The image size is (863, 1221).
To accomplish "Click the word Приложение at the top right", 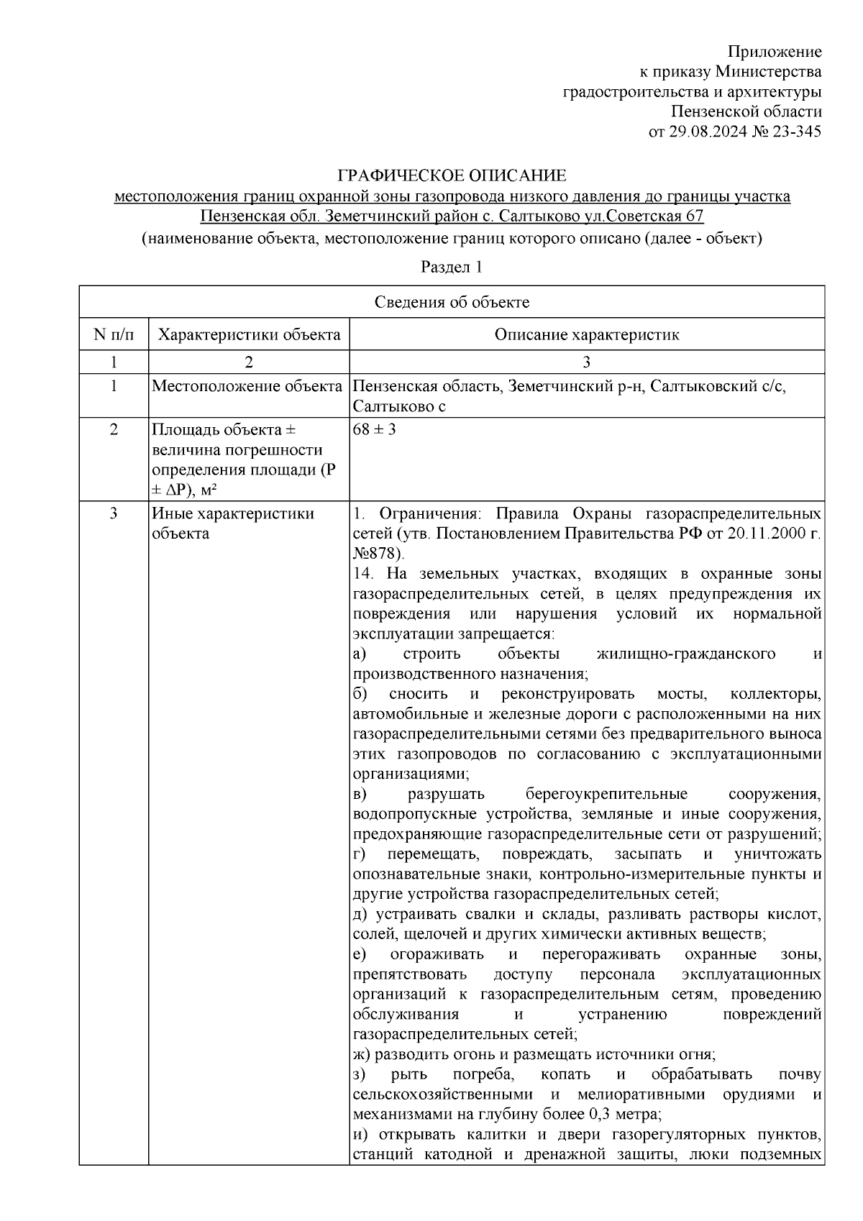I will (775, 52).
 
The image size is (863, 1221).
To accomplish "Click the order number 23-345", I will (795, 132).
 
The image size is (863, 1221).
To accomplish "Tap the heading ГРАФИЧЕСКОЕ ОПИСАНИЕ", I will (452, 175).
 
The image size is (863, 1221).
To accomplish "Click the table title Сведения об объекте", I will (452, 302).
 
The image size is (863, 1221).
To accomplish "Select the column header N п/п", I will (114, 334).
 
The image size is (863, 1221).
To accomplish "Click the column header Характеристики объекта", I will (249, 334).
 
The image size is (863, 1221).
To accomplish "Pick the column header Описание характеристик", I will (586, 334).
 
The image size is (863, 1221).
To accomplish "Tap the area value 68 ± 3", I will (375, 430).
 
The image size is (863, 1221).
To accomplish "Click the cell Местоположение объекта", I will (247, 386).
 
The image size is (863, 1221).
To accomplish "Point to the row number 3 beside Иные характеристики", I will (114, 513).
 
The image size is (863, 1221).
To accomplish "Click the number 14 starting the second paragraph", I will (362, 574).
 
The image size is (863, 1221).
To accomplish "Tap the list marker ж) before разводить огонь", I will (362, 1054).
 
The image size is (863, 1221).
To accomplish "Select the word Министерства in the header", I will (769, 72).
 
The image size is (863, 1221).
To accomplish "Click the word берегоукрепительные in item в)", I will (606, 794).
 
